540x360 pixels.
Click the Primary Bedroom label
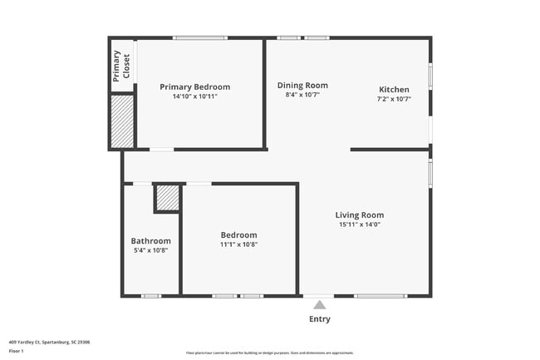[x=194, y=86]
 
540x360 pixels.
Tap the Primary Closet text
[x=121, y=66]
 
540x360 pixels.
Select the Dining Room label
[x=302, y=85]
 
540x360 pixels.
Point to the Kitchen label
[x=394, y=89]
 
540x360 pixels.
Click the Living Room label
[x=359, y=215]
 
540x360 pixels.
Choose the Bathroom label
[x=150, y=241]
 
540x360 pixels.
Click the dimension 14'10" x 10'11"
[x=194, y=96]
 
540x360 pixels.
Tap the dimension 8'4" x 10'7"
[x=302, y=95]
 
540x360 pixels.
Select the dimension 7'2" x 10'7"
[x=394, y=99]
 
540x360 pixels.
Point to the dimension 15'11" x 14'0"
[x=359, y=224]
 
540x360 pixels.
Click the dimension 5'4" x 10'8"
[x=150, y=250]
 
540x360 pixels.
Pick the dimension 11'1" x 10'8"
[x=238, y=244]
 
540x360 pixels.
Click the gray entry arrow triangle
[x=320, y=305]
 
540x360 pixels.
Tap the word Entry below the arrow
[x=320, y=319]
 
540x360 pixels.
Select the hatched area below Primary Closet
[x=122, y=121]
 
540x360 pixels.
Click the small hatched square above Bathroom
[x=167, y=198]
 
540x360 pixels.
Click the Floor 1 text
[x=17, y=351]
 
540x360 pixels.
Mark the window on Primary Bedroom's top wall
[x=200, y=37]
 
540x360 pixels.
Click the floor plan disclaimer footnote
[x=269, y=353]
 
